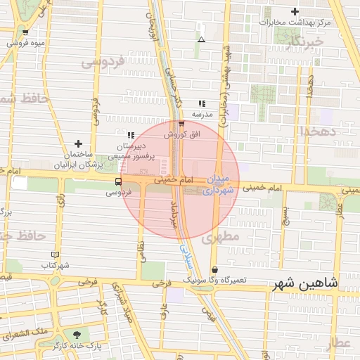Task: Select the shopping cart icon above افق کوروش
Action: [x=181, y=124]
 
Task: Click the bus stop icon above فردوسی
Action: [x=117, y=181]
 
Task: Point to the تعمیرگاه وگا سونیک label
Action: [x=215, y=280]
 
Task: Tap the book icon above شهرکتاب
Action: [x=56, y=255]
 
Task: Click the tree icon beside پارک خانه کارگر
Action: [x=77, y=335]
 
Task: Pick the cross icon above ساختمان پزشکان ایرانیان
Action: [x=78, y=143]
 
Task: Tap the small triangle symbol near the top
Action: [x=202, y=39]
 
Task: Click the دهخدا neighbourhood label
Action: [x=318, y=131]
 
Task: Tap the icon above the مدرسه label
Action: [x=202, y=103]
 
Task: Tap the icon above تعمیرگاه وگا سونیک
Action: [x=214, y=270]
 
